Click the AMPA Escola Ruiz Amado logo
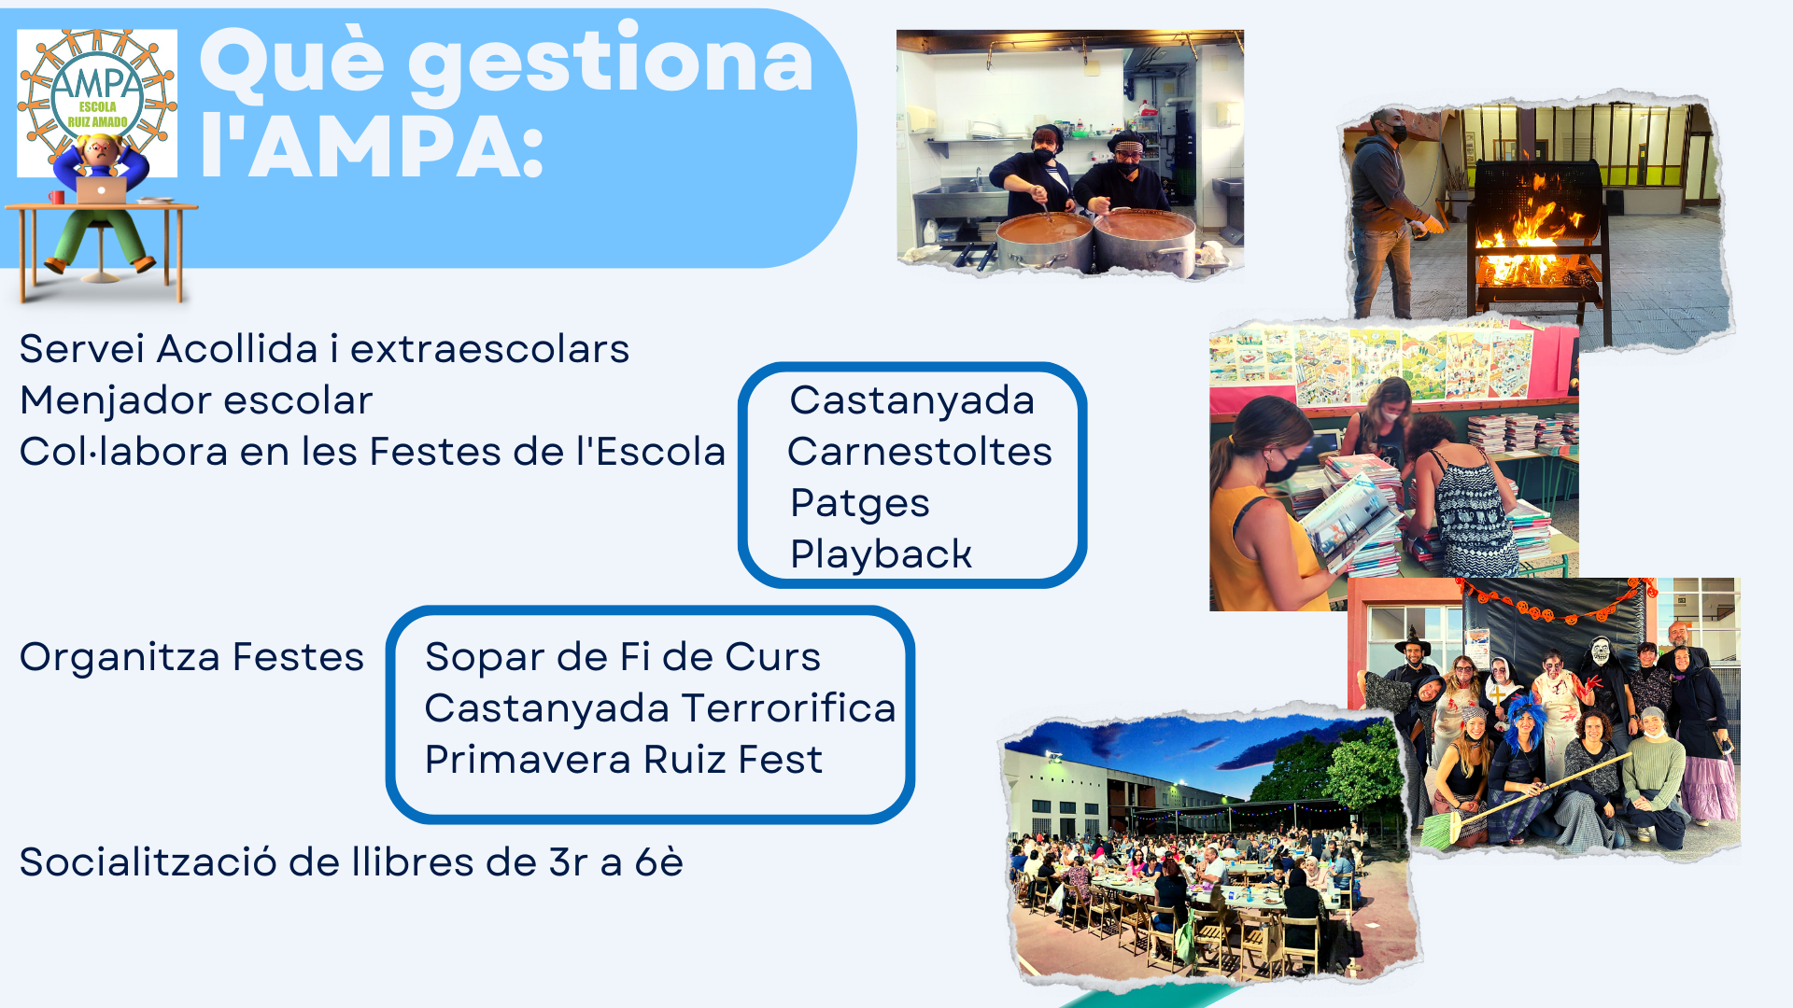(97, 103)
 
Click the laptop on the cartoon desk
(102, 190)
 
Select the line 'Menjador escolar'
(196, 400)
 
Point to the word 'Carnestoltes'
(920, 452)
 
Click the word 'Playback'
(881, 554)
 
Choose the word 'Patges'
(859, 504)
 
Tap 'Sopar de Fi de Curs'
(623, 657)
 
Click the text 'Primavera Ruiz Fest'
(624, 760)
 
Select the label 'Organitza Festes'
(191, 657)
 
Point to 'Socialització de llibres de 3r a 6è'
(351, 862)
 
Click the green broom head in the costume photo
(1439, 830)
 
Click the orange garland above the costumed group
(1555, 602)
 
